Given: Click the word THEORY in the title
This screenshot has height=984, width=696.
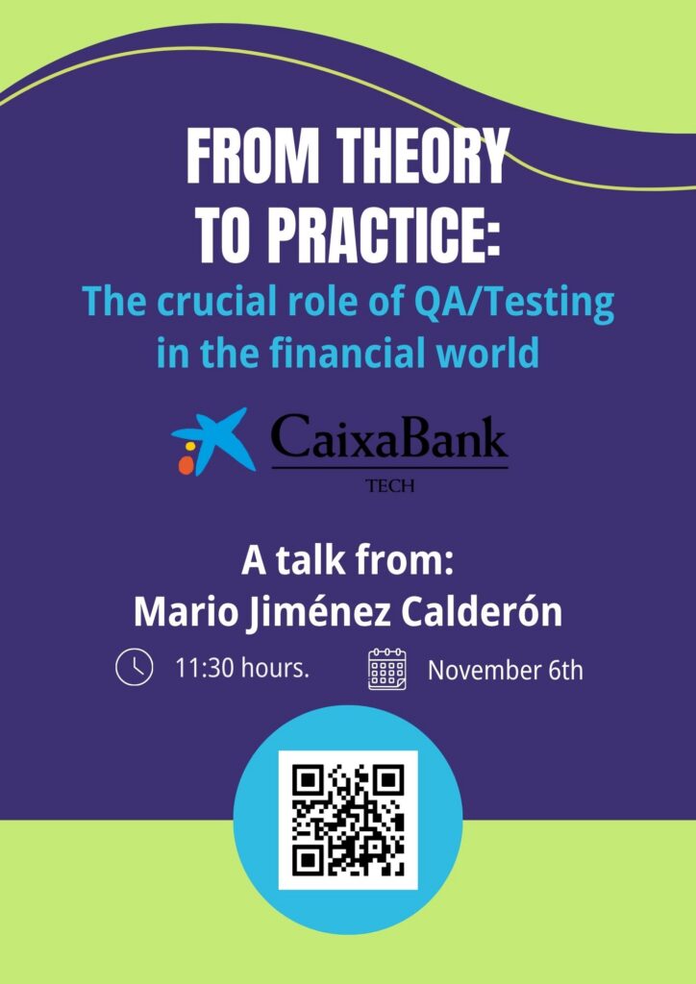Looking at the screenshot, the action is [422, 157].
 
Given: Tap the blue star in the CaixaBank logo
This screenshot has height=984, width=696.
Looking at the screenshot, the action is [217, 440].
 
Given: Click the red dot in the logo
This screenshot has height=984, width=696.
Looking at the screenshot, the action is [186, 464].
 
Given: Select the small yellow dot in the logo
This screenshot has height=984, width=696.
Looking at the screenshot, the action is [190, 446].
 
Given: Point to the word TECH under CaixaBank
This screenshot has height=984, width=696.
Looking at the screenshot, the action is [389, 486].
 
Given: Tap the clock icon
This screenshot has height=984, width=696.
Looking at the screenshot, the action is [135, 667].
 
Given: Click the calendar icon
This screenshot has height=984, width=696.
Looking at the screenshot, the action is [387, 669].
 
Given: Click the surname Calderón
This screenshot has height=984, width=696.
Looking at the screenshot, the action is [482, 612].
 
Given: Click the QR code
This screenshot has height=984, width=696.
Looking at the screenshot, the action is [348, 821].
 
